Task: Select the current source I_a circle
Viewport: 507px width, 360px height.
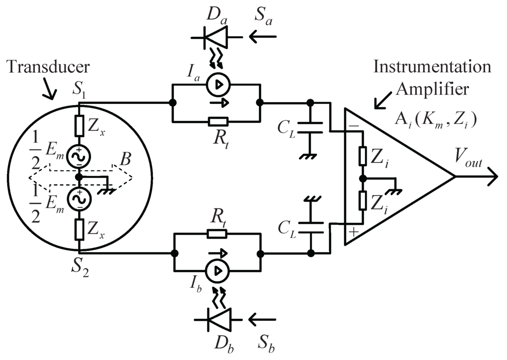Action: pos(216,86)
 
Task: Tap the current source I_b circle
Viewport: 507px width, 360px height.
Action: pos(216,271)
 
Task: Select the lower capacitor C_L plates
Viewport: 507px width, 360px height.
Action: pos(310,226)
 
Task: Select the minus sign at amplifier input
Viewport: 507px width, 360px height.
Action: pos(353,126)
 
